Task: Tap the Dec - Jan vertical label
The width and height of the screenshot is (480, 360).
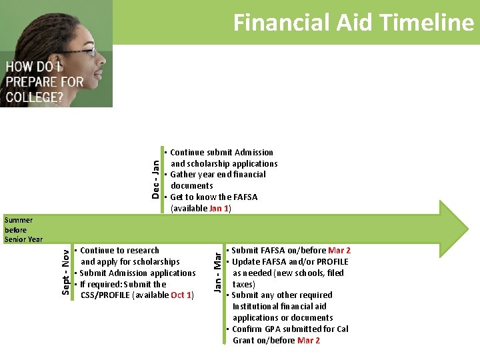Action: coord(155,179)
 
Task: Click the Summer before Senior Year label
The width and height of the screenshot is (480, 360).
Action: coord(23,229)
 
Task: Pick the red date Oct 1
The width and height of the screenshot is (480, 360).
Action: coord(181,295)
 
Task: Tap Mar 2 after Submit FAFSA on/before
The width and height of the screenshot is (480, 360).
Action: coord(339,251)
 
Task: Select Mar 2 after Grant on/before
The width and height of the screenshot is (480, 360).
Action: coord(309,340)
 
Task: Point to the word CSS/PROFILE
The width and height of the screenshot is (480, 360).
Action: coord(106,295)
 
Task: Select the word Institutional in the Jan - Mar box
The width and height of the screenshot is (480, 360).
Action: coord(260,307)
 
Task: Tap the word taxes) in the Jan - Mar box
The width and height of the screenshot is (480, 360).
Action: coord(244,284)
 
